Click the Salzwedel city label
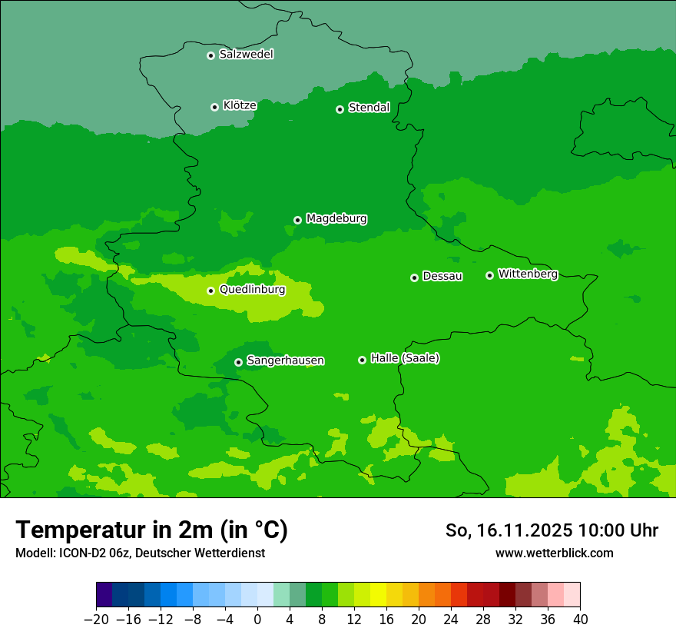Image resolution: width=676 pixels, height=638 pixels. pyautogui.click(x=246, y=55)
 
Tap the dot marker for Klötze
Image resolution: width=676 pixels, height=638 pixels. pyautogui.click(x=214, y=107)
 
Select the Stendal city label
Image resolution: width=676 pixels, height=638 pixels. pyautogui.click(x=369, y=108)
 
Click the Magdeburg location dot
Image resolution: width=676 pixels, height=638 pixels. pyautogui.click(x=297, y=220)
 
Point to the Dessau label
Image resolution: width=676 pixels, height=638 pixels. pyautogui.click(x=442, y=277)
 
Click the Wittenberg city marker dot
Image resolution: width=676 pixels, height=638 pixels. pyautogui.click(x=489, y=275)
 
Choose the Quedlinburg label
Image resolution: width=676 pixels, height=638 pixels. pyautogui.click(x=252, y=290)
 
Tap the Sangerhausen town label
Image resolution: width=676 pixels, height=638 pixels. pyautogui.click(x=285, y=361)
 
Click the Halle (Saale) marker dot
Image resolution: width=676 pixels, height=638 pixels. pyautogui.click(x=362, y=360)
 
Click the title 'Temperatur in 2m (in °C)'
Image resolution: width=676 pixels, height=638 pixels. pyautogui.click(x=151, y=530)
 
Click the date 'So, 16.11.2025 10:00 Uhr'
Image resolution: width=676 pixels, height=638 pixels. pyautogui.click(x=552, y=530)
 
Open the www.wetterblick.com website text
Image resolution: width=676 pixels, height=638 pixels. pyautogui.click(x=554, y=553)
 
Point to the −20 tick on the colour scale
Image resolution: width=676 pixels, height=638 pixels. pyautogui.click(x=97, y=620)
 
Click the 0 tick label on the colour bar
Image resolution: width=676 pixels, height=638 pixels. pyautogui.click(x=257, y=620)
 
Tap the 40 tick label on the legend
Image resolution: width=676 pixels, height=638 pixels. pyautogui.click(x=580, y=620)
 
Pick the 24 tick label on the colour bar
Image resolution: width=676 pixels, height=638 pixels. pyautogui.click(x=451, y=620)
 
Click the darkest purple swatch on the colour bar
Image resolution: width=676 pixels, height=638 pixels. pyautogui.click(x=104, y=595)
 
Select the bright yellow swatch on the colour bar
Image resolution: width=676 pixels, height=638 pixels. pyautogui.click(x=378, y=595)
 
